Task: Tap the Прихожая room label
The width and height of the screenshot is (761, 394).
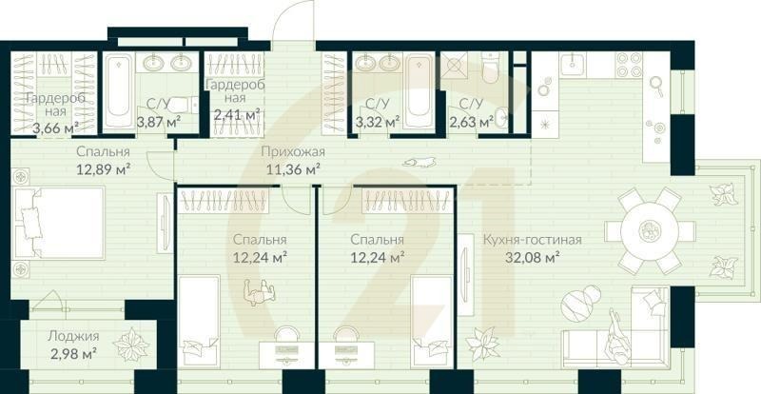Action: pos(293,151)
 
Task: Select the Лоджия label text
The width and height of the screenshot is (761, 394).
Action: pos(73,336)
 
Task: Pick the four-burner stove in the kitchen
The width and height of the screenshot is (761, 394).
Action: pos(629,65)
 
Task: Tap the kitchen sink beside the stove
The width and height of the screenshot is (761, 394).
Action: pos(573,64)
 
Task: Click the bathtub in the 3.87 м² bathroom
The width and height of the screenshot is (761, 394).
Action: pos(118,90)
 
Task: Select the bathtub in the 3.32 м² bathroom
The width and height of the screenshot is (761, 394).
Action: pos(419,90)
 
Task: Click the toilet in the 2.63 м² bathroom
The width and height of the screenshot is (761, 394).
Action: pos(490,67)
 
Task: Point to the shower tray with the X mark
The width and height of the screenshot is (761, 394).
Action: pos(455,65)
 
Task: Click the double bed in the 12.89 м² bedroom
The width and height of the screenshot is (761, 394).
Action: pos(59,223)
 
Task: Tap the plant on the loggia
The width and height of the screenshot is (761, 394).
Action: pos(131,344)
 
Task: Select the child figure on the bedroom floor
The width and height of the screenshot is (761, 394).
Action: pos(259,292)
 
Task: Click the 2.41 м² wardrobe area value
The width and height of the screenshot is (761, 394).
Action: pos(236,115)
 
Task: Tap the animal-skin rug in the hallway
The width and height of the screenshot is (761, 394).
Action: pos(419,163)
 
